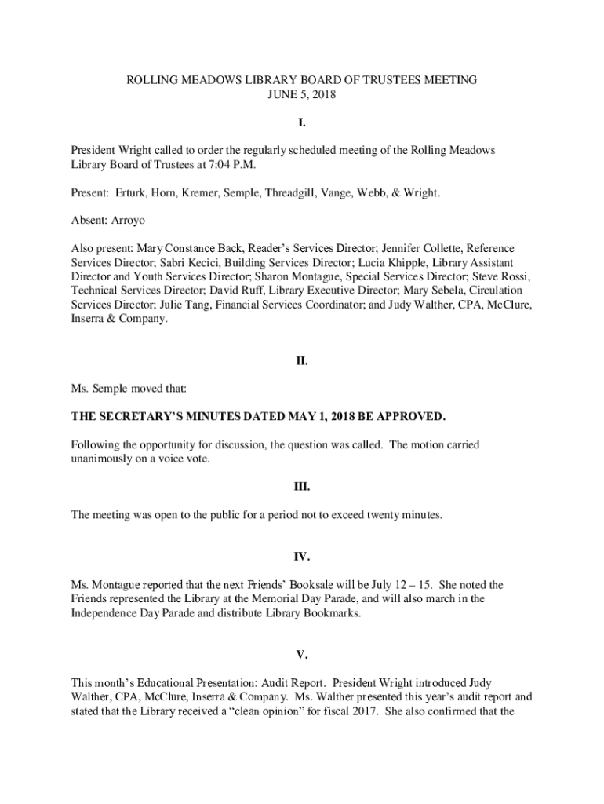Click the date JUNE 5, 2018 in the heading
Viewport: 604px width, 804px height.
coord(302,94)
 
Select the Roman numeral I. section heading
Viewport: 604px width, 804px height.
coord(302,123)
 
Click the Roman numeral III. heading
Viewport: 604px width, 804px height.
coord(302,487)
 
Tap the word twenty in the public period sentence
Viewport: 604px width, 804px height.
coord(380,515)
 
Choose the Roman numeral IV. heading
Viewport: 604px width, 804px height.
coord(302,557)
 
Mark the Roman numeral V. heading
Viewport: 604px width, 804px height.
coord(302,655)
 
